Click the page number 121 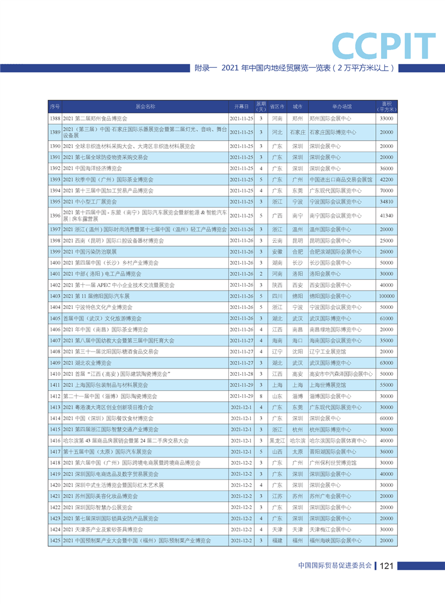[387, 566]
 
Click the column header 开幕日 [241, 107]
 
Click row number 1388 [54, 119]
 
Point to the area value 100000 [386, 296]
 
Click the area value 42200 [386, 179]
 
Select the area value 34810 [386, 202]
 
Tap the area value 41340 [386, 215]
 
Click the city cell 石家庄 [297, 132]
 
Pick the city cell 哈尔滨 [297, 441]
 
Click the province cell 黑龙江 [277, 441]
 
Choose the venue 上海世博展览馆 [328, 385]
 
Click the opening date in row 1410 [241, 374]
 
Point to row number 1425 [54, 541]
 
